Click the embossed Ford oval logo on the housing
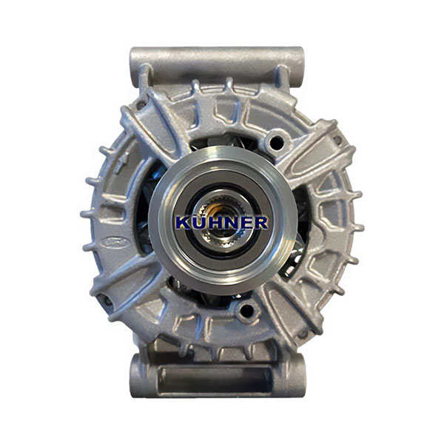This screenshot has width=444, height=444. click(114, 242)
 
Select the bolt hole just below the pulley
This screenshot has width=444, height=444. click(246, 311)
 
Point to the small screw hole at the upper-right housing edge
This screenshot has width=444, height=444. click(337, 139)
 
